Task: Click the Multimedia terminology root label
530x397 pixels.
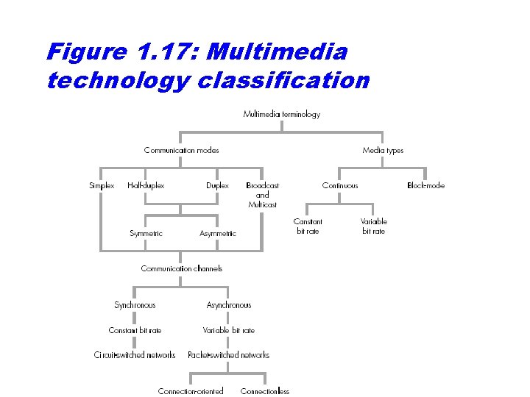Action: click(x=281, y=114)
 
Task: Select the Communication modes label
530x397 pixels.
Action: click(x=181, y=150)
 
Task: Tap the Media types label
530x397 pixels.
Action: click(x=383, y=150)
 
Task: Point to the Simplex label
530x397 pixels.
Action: click(x=102, y=185)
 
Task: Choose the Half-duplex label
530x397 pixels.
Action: click(x=146, y=185)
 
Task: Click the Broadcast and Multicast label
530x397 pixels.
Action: click(x=262, y=195)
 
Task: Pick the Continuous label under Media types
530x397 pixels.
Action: click(x=340, y=185)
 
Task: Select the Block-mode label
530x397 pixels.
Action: click(x=425, y=185)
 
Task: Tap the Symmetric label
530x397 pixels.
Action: click(x=146, y=233)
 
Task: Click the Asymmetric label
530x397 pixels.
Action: click(x=218, y=233)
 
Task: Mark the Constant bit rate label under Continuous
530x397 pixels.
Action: click(x=308, y=226)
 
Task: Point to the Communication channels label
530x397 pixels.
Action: click(x=181, y=268)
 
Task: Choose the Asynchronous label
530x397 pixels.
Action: click(x=229, y=304)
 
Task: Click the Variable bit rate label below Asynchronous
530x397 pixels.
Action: click(x=229, y=330)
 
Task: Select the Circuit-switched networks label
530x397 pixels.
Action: click(x=135, y=354)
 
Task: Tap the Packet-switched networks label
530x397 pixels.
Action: click(x=229, y=354)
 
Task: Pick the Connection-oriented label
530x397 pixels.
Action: click(x=191, y=390)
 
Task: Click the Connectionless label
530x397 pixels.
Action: click(x=265, y=390)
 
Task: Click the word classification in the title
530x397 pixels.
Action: click(x=283, y=79)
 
